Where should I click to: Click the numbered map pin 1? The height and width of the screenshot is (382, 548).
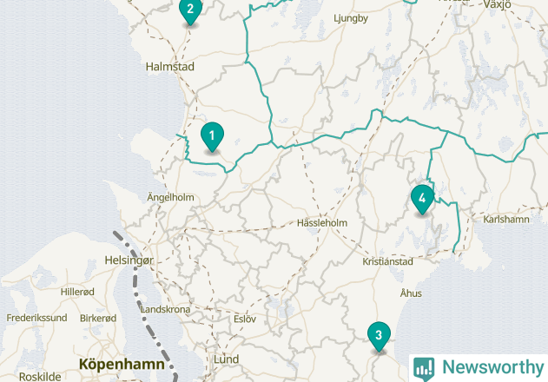pos(211,136)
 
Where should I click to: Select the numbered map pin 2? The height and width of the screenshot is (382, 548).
pos(190,10)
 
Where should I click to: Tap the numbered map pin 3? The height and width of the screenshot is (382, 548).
pos(379,335)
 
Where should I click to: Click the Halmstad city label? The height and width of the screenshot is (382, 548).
pos(169,67)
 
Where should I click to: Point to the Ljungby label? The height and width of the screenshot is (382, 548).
pos(351,18)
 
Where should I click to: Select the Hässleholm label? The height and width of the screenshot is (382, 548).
pos(321,223)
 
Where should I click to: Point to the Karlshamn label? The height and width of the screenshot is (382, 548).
pos(506,219)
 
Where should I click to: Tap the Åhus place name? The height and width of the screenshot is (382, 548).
pos(411,293)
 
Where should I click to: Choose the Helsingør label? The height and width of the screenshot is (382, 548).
pos(129,260)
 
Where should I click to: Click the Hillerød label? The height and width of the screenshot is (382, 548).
pos(77,292)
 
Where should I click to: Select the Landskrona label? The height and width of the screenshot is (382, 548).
pos(165,309)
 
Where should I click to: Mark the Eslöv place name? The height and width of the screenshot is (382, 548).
pos(245,319)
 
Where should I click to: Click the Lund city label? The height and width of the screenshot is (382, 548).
pos(226,359)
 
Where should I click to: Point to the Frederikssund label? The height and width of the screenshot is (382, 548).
pos(36,318)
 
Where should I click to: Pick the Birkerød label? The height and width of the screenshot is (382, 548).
pos(98,318)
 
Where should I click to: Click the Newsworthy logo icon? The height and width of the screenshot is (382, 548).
pos(424,368)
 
